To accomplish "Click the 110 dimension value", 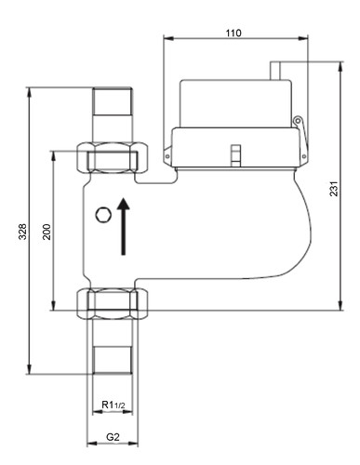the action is click(x=233, y=33).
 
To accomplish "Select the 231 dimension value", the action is click(x=334, y=188).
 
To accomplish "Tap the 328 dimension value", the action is click(x=22, y=232).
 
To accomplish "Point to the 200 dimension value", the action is click(x=47, y=232).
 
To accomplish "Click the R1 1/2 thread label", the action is click(x=113, y=405).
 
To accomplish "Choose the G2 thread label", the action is click(x=113, y=437).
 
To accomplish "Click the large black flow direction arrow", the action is click(x=124, y=226).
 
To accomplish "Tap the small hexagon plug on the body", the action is click(x=103, y=215).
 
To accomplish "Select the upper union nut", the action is click(x=113, y=157).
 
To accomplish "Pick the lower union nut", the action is click(x=113, y=304).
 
